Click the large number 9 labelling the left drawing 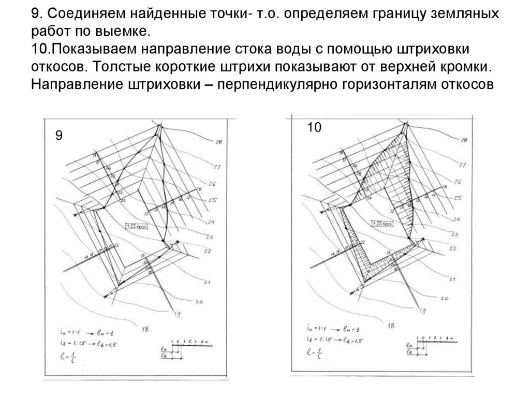point(59,136)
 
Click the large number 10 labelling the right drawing point(314,127)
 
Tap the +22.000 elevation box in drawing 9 point(137,226)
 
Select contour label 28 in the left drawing point(218,142)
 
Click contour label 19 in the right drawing point(422,311)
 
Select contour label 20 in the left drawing point(199,301)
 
